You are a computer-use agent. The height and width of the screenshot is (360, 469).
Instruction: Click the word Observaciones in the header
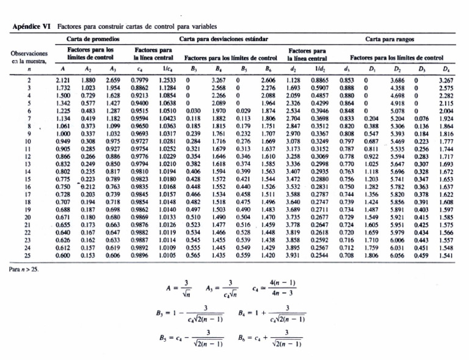[29, 54]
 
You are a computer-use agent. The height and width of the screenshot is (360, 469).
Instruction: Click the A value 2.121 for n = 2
[62, 79]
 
